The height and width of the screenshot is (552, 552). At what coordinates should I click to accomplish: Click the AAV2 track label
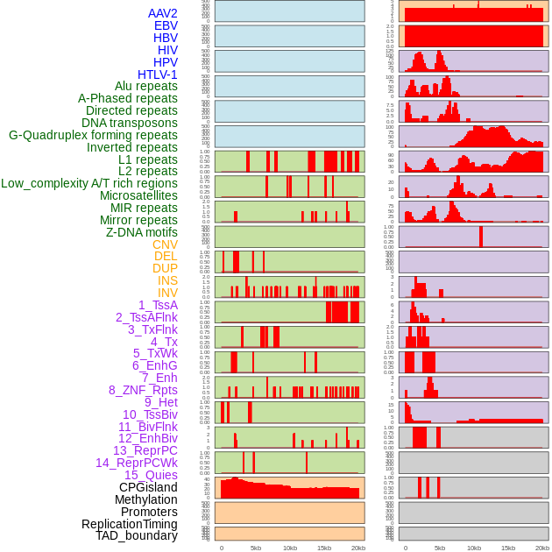point(162,13)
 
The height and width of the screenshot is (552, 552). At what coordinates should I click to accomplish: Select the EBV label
point(166,25)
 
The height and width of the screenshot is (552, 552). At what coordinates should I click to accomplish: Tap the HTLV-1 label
point(157,74)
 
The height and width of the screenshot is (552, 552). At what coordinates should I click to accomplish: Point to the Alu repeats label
point(145,86)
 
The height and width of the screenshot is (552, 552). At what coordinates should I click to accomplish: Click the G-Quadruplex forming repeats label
point(93,135)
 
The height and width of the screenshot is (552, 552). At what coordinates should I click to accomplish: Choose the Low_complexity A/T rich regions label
point(89,183)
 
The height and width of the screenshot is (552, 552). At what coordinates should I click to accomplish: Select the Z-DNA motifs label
point(141,232)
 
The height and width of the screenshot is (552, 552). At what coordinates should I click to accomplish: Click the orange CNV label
point(165,244)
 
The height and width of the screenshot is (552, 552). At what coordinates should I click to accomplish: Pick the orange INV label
point(167,293)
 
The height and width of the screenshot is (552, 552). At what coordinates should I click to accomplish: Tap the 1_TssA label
point(158,305)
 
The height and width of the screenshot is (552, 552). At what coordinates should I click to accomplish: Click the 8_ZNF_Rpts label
point(143,390)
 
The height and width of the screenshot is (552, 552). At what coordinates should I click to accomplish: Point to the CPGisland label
point(148,487)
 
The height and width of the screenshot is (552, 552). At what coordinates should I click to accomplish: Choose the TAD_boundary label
point(136,535)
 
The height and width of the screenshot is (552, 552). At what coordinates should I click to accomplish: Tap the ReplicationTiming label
point(129,524)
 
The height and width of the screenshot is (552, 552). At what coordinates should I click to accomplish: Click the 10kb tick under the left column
point(290,548)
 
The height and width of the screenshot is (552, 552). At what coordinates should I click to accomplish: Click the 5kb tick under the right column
point(439,548)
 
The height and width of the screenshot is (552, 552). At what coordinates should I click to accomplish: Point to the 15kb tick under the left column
point(324,548)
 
